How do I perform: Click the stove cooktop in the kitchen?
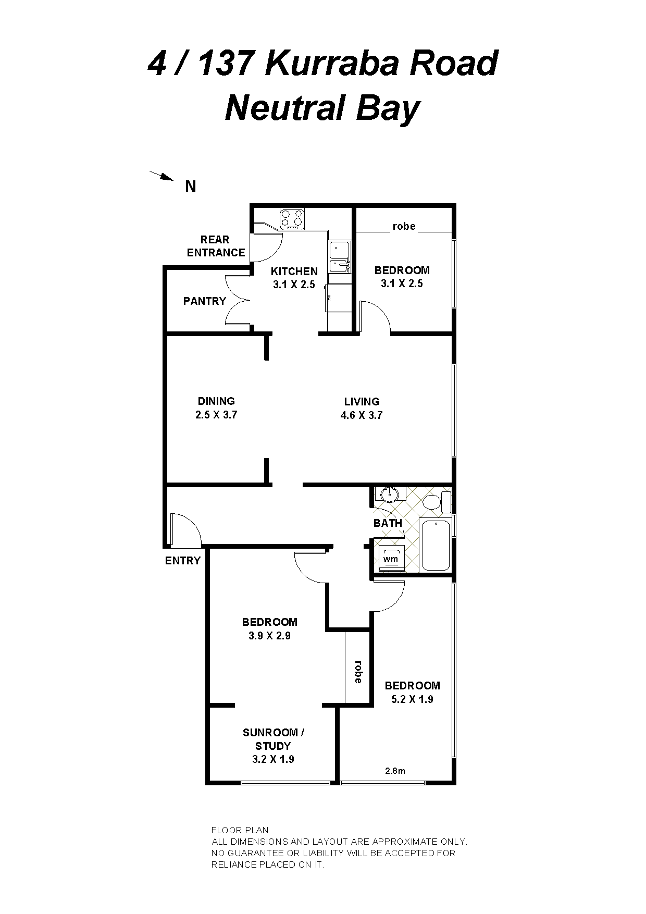click(x=292, y=219)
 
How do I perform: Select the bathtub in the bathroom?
click(x=435, y=545)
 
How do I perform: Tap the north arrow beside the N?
click(x=161, y=176)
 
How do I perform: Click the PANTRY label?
click(x=205, y=301)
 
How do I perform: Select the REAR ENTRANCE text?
click(x=216, y=246)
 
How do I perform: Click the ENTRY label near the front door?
click(x=183, y=561)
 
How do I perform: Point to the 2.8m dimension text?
click(x=395, y=771)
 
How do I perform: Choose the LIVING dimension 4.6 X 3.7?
click(x=362, y=415)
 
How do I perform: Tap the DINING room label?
click(x=216, y=401)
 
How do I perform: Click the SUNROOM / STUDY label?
click(x=274, y=739)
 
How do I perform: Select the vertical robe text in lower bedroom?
click(x=358, y=672)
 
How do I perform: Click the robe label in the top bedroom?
click(x=404, y=226)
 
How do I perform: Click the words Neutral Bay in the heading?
click(x=322, y=109)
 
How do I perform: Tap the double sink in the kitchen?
click(x=339, y=257)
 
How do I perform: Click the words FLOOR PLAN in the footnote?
click(x=240, y=830)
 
